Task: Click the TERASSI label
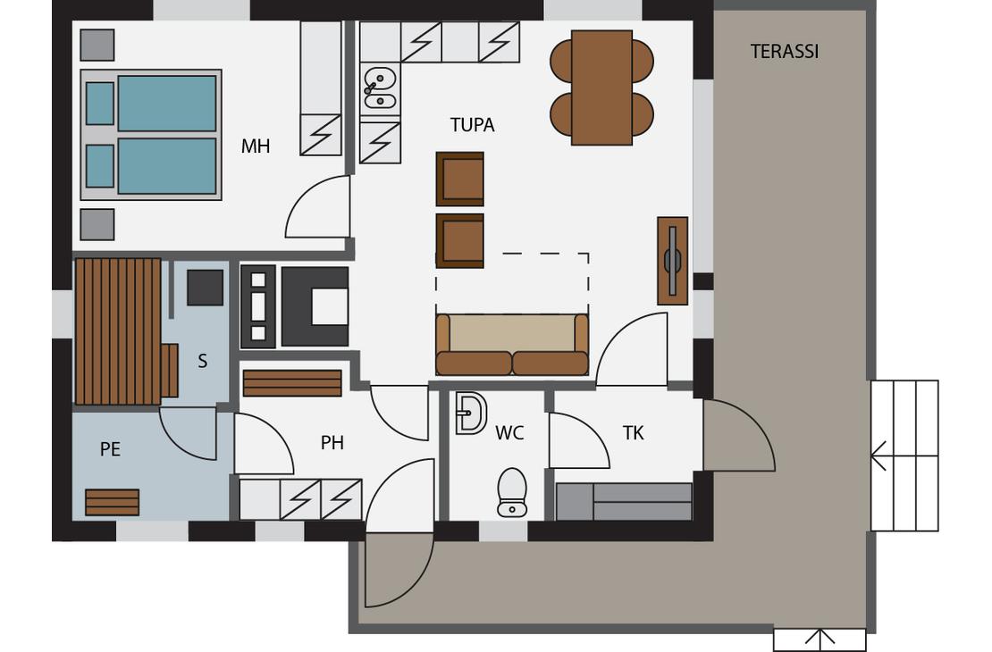pos(785,51)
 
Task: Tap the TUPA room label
pos(472,125)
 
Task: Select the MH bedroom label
pos(256,146)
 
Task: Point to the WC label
pos(509,433)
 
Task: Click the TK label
pos(634,433)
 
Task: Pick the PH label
pos(332,443)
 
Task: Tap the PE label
pos(110,449)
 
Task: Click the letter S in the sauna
pos(203,361)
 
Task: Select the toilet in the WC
pos(512,492)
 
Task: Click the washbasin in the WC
pos(471,414)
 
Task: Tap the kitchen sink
pos(380,88)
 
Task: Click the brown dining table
pos(601,88)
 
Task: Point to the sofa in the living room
pos(512,344)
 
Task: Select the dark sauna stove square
pos(205,288)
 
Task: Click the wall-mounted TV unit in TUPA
pos(673,261)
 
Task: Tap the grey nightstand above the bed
pos(97,46)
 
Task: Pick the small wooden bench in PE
pos(112,502)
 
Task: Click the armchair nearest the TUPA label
pos(460,179)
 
